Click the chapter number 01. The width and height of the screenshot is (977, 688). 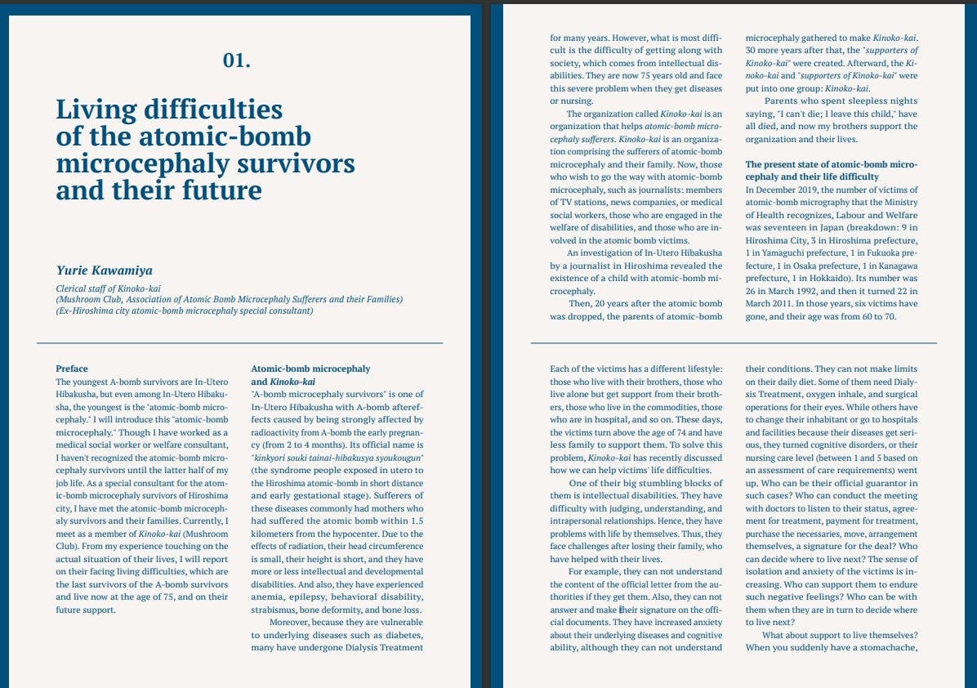click(236, 60)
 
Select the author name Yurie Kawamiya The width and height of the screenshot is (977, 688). click(104, 270)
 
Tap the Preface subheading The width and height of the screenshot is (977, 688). click(72, 369)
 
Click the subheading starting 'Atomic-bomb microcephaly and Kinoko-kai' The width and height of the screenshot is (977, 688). click(310, 375)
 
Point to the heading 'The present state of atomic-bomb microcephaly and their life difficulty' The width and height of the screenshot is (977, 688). click(831, 170)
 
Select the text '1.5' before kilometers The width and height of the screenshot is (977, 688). click(416, 520)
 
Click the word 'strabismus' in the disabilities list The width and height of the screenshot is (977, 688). click(275, 610)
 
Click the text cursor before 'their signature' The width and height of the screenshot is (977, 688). click(620, 610)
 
